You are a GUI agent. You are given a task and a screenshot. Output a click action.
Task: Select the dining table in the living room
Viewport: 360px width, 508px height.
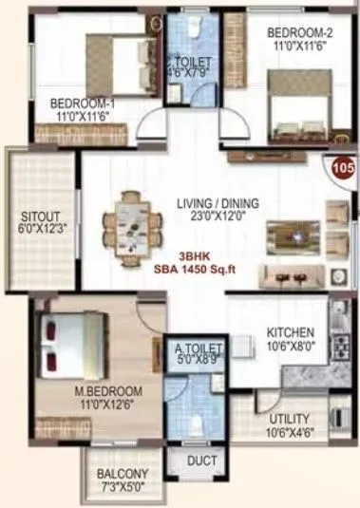point(138,217)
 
